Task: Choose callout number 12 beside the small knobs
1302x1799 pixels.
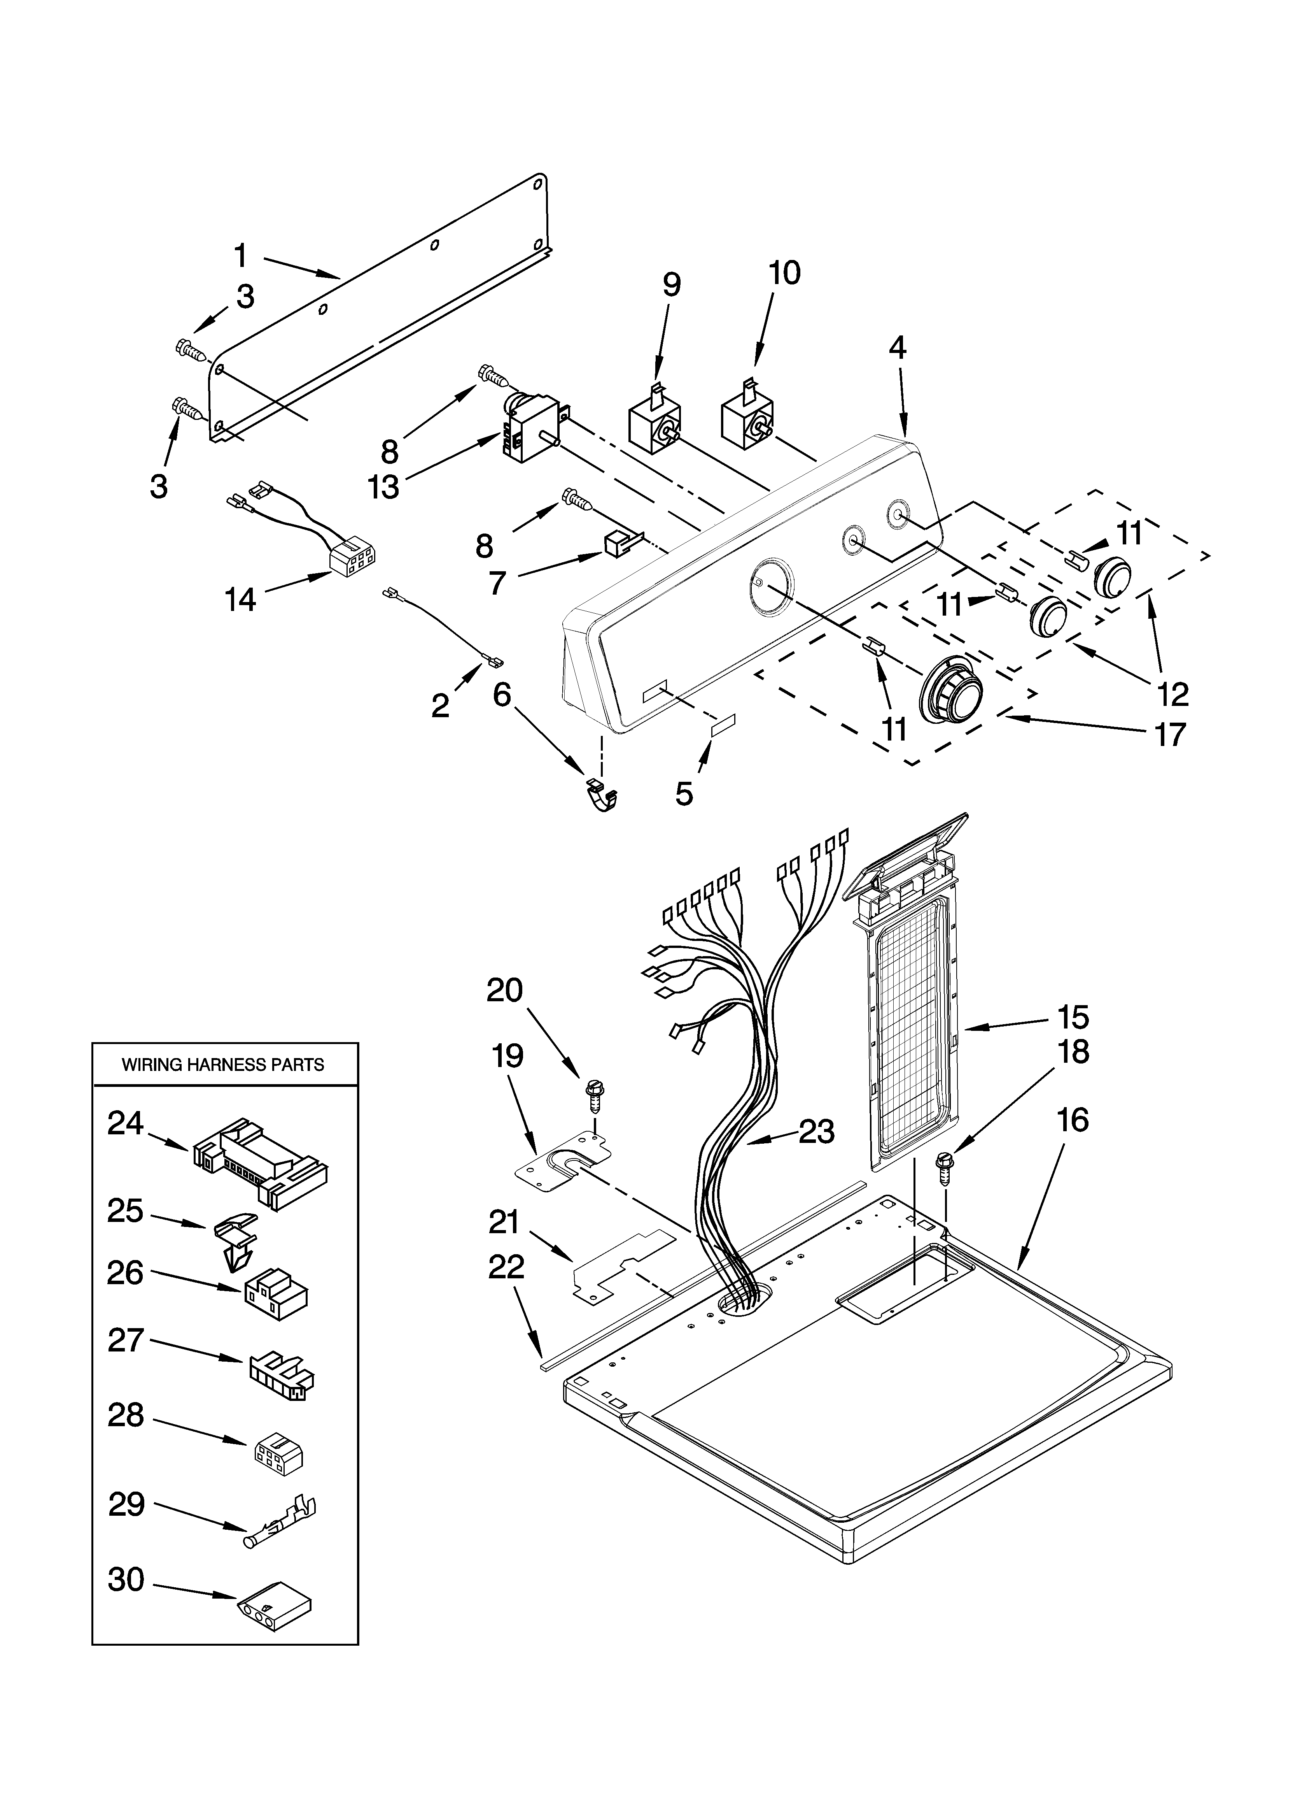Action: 1172,693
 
